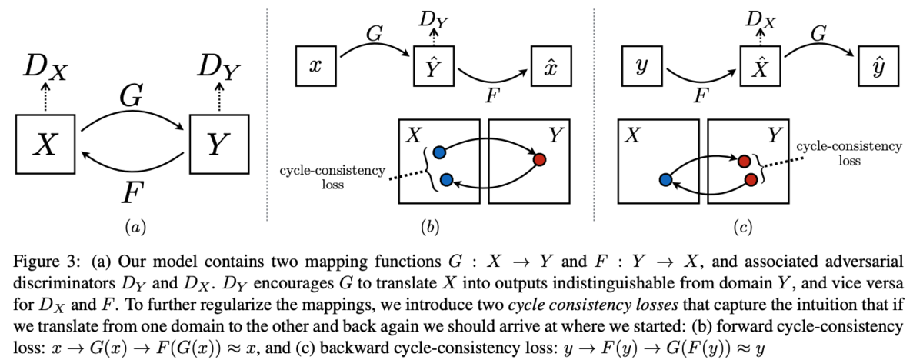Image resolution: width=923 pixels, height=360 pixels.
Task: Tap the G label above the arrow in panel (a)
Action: pyautogui.click(x=132, y=95)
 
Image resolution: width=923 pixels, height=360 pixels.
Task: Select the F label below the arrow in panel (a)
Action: pyautogui.click(x=132, y=193)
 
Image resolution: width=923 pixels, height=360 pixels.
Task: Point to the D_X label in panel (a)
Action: pyautogui.click(x=45, y=67)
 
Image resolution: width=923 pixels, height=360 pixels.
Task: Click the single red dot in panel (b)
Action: pyautogui.click(x=539, y=159)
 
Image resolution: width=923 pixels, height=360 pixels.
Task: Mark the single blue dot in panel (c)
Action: pyautogui.click(x=666, y=180)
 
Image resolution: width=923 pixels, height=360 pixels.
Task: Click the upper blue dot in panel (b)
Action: pyautogui.click(x=440, y=152)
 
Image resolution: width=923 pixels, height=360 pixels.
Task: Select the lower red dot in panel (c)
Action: pyautogui.click(x=751, y=180)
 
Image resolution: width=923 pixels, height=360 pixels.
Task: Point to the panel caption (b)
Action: pyautogui.click(x=430, y=228)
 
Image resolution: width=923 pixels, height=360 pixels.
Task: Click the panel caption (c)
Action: pyautogui.click(x=742, y=228)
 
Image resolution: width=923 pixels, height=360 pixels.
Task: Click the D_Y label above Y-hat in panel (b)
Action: pyautogui.click(x=433, y=20)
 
